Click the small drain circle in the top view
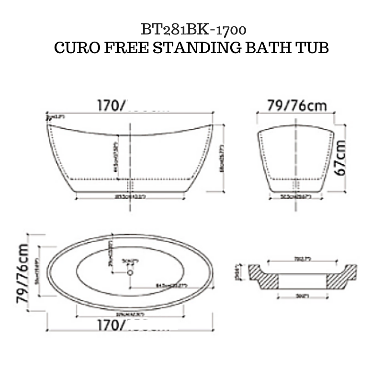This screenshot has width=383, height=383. pyautogui.click(x=129, y=272)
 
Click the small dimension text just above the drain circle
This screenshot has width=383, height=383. pyautogui.click(x=130, y=261)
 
